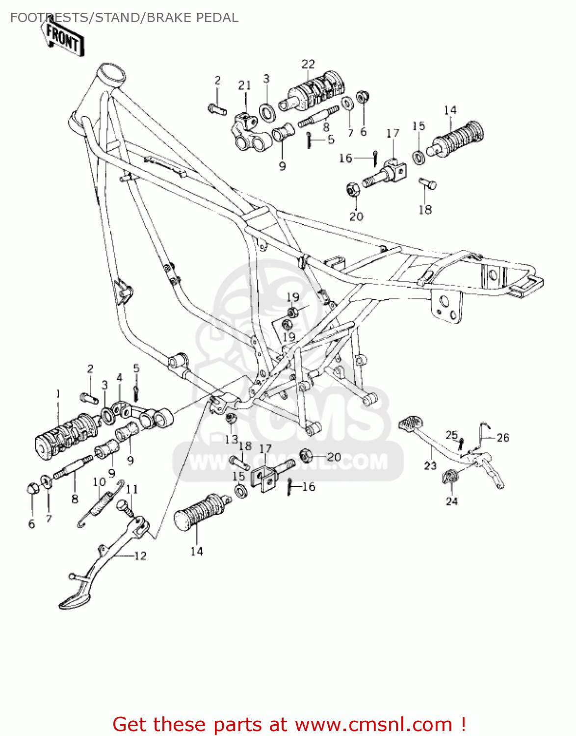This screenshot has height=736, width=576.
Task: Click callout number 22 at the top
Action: pos(308,64)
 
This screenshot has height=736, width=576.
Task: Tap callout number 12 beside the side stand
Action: pos(140,555)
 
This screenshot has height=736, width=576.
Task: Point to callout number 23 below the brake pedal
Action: pos(430,465)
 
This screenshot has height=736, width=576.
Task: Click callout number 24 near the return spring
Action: pos(451,501)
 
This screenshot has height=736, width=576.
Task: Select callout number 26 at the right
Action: pos(502,437)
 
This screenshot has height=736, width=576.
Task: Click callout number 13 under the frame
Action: pos(231,439)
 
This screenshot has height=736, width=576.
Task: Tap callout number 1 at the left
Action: pos(58,394)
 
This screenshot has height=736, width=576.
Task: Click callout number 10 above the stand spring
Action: pos(99,482)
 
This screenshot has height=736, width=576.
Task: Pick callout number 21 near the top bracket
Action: pos(244,86)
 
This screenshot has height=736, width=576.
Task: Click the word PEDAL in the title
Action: pos(217,18)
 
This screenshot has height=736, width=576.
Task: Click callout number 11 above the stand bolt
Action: pos(131,489)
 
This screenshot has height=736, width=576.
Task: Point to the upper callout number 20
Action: pos(356,216)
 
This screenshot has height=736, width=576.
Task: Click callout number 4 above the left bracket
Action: pos(119,377)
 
